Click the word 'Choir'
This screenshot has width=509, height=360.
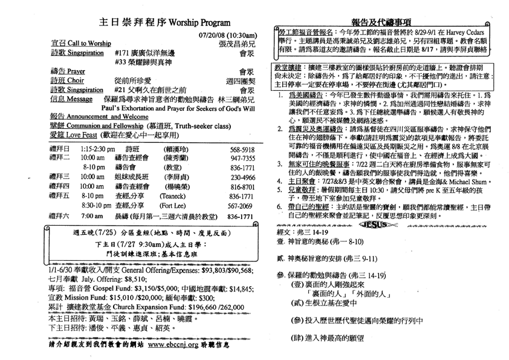[x=75, y=79]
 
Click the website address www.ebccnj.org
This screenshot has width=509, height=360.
[x=177, y=345]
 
